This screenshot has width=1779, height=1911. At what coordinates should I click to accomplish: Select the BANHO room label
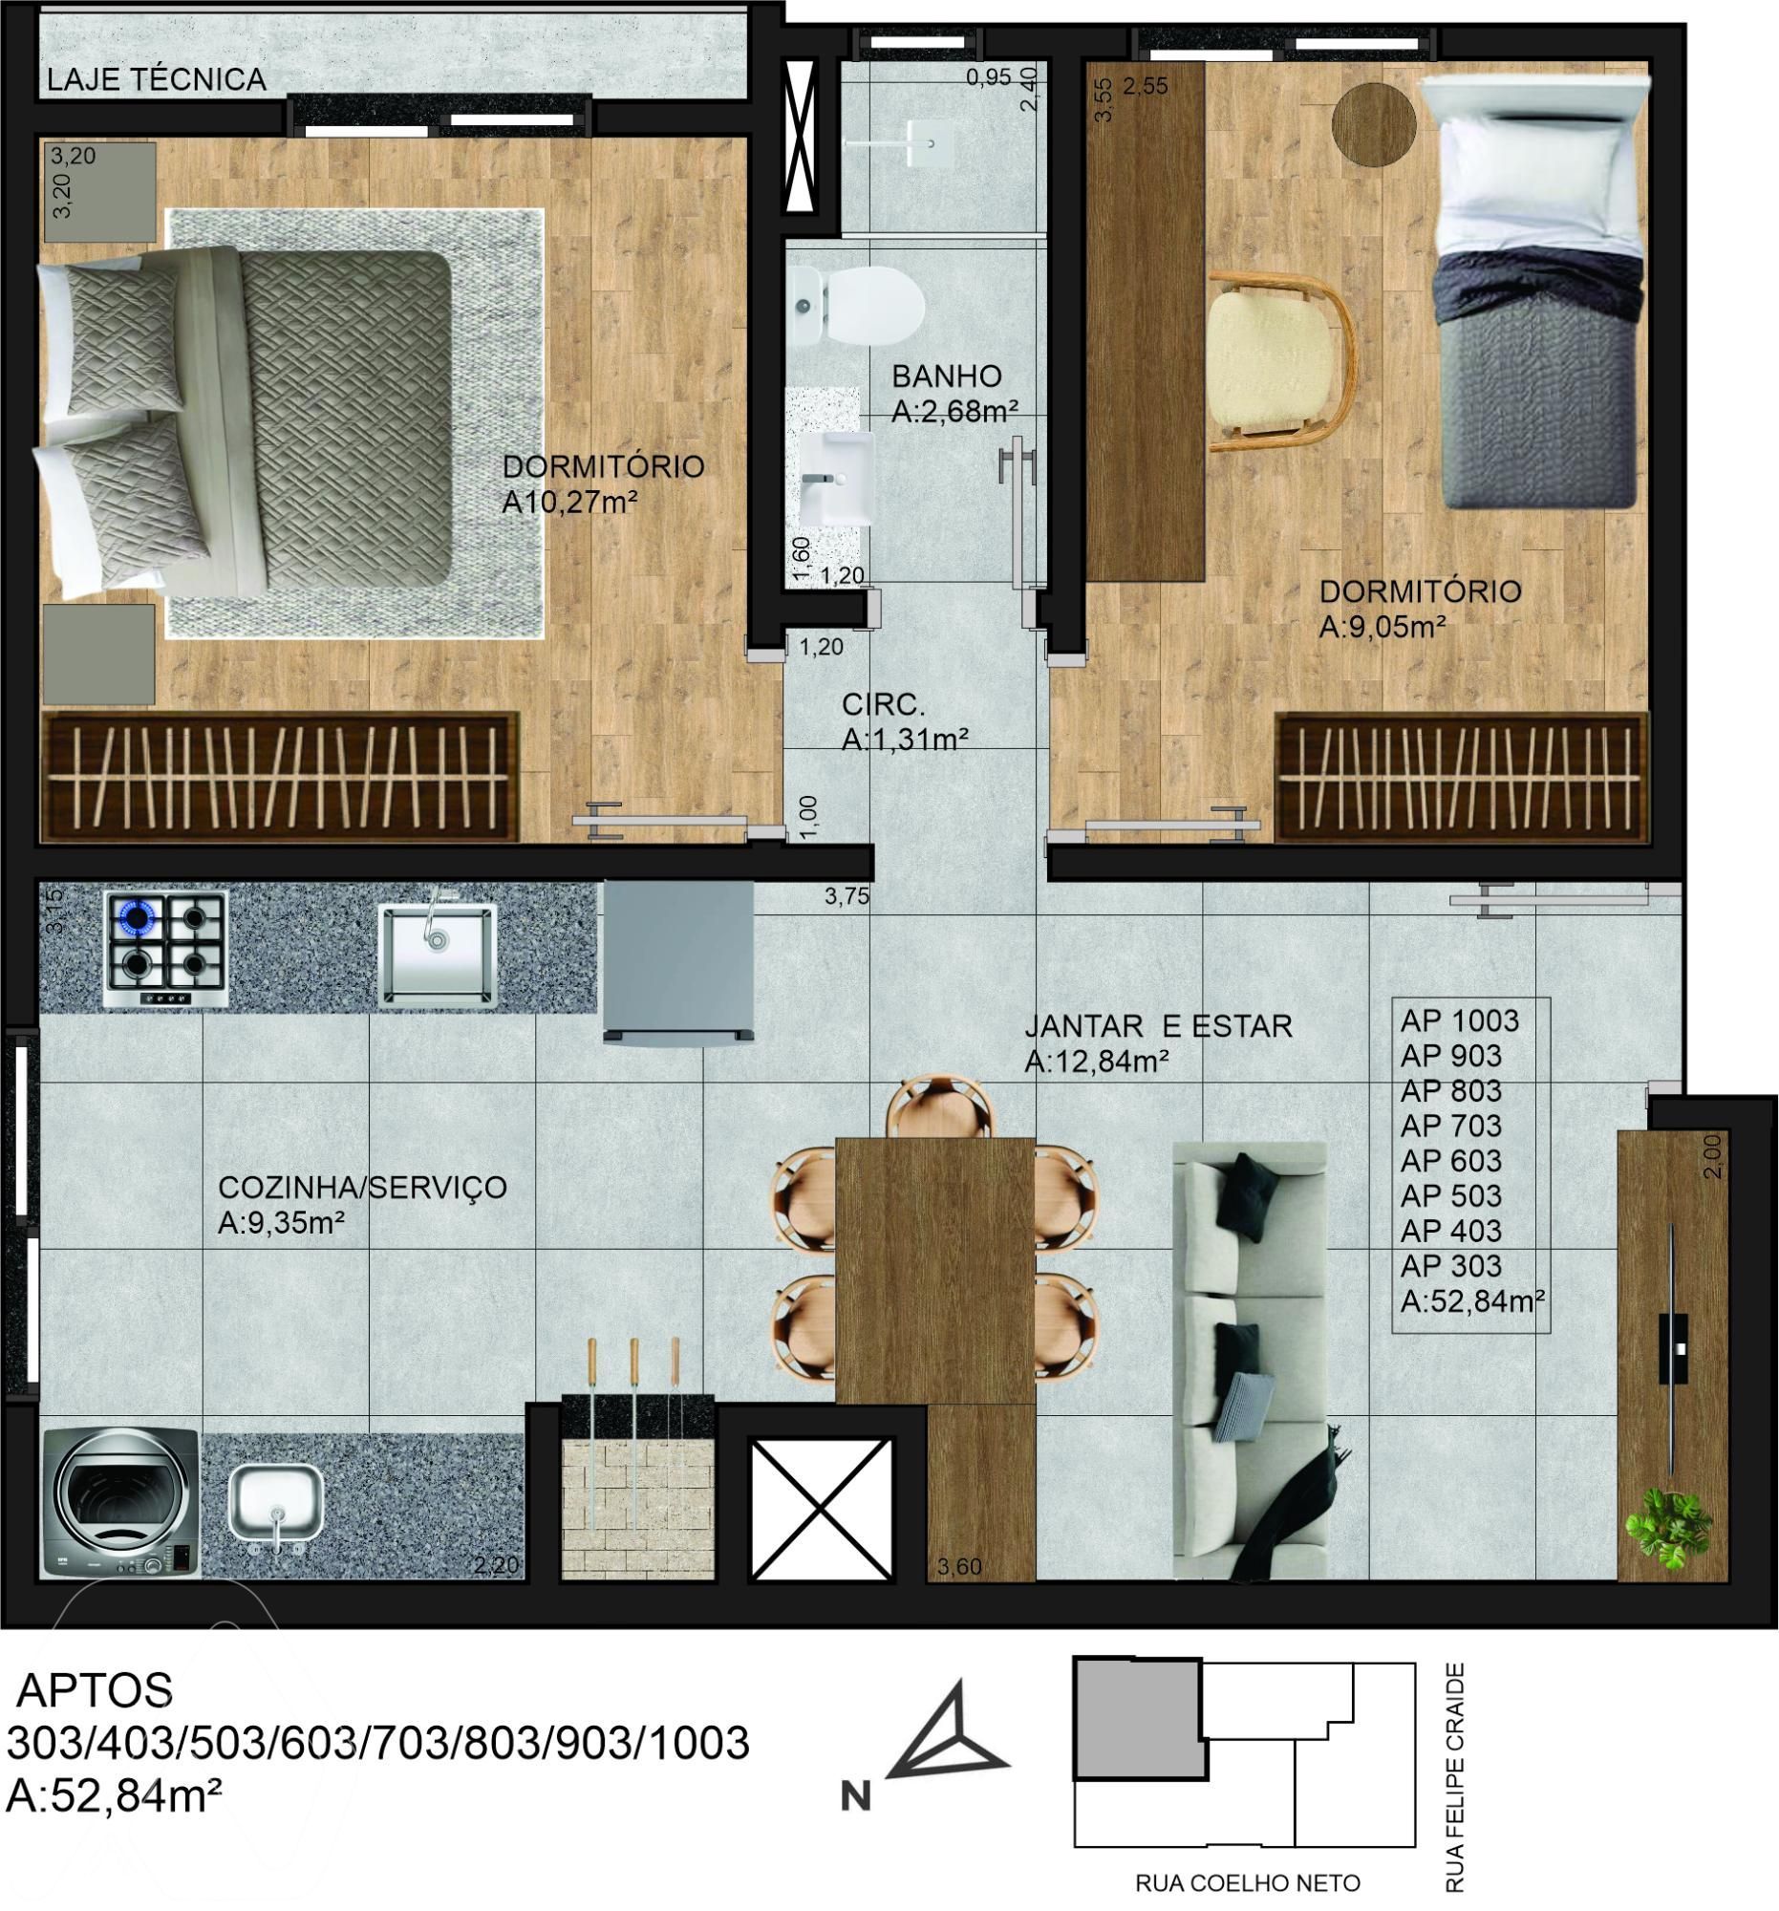(947, 376)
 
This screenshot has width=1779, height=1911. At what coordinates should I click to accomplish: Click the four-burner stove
(166, 949)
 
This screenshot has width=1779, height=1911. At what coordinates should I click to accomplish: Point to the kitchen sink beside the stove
(438, 953)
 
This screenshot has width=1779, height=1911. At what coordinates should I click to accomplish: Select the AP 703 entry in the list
(1451, 1126)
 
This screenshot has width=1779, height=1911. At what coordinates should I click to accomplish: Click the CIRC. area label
(883, 704)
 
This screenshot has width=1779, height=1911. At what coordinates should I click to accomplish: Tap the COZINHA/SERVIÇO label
(362, 1187)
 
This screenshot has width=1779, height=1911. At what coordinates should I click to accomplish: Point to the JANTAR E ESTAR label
(1158, 1025)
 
